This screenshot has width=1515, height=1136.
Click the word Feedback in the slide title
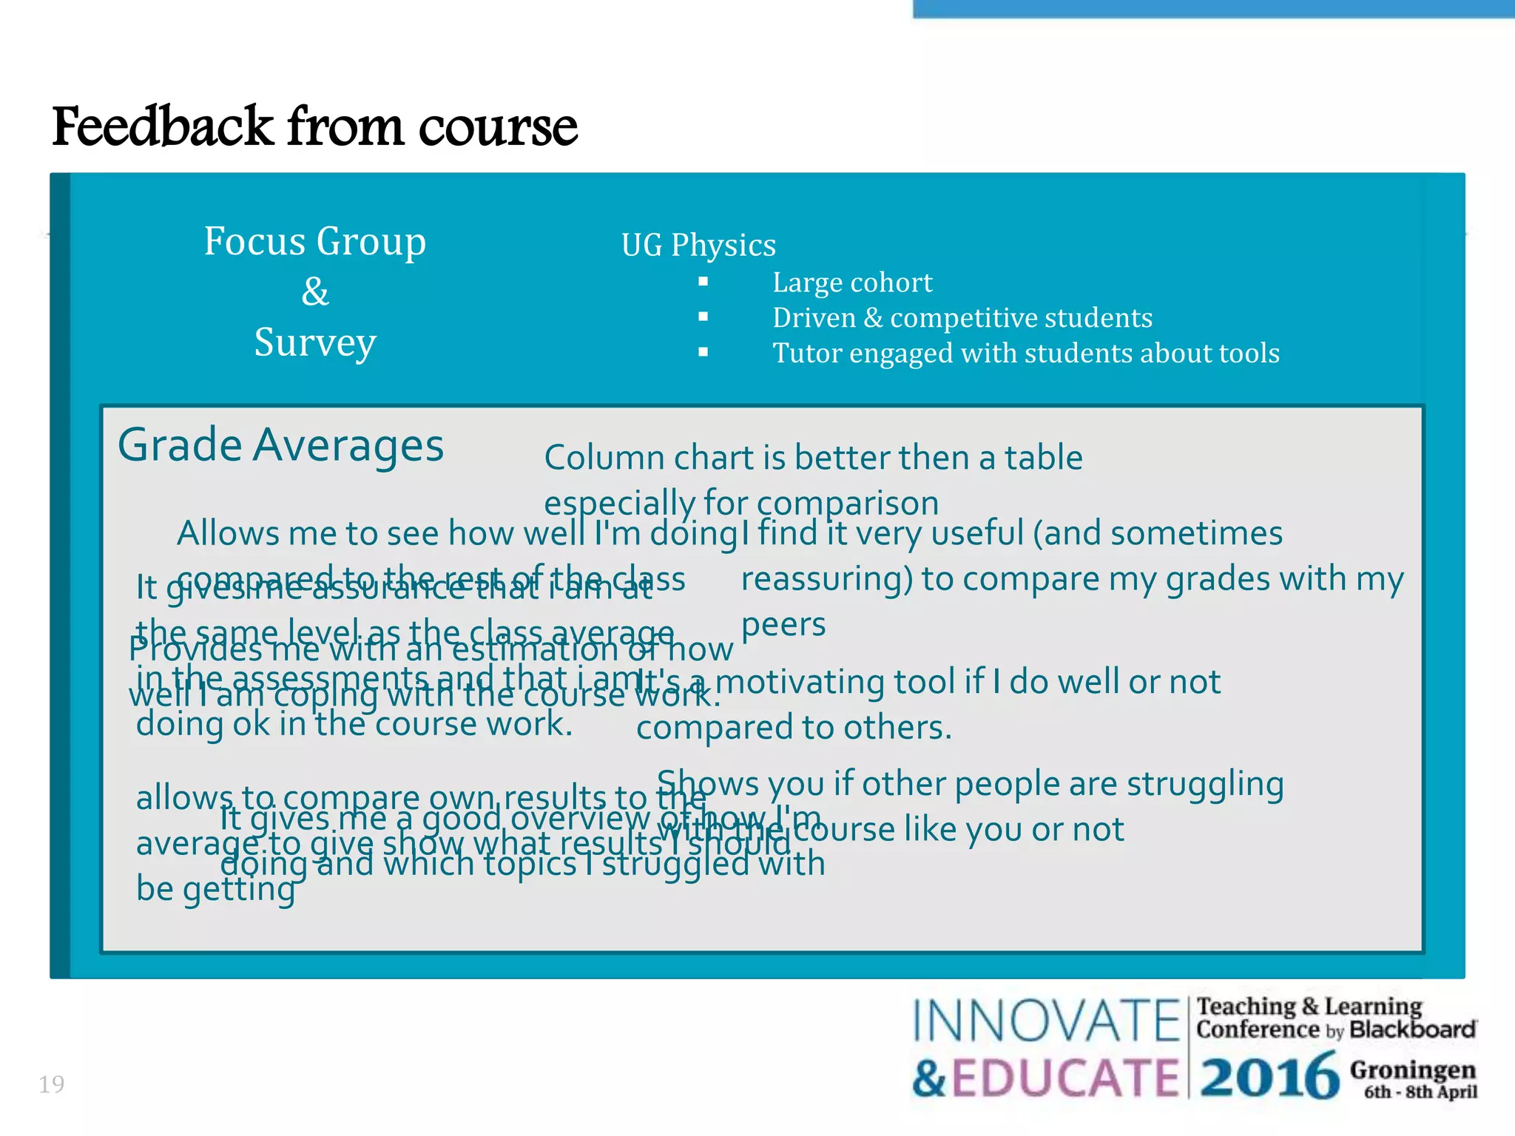tap(163, 126)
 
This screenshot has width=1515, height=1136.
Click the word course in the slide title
tap(497, 126)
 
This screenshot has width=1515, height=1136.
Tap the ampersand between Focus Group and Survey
tap(315, 291)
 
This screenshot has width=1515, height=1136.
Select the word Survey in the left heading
tap(315, 342)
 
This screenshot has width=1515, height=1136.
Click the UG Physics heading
tap(698, 245)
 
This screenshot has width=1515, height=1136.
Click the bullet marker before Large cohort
tap(703, 282)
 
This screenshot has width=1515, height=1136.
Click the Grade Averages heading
tap(280, 445)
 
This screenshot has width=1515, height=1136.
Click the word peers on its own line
tap(783, 626)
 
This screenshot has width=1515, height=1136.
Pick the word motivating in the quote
tap(799, 682)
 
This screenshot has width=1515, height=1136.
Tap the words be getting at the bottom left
tap(215, 889)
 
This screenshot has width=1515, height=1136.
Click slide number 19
tap(52, 1084)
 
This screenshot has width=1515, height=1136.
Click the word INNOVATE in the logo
tap(1046, 1021)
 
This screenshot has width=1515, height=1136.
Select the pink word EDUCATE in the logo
tap(1065, 1078)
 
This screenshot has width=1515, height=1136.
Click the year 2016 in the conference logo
tap(1269, 1077)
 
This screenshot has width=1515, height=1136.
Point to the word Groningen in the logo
tap(1412, 1069)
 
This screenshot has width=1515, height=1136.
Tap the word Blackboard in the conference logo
tap(1412, 1029)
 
